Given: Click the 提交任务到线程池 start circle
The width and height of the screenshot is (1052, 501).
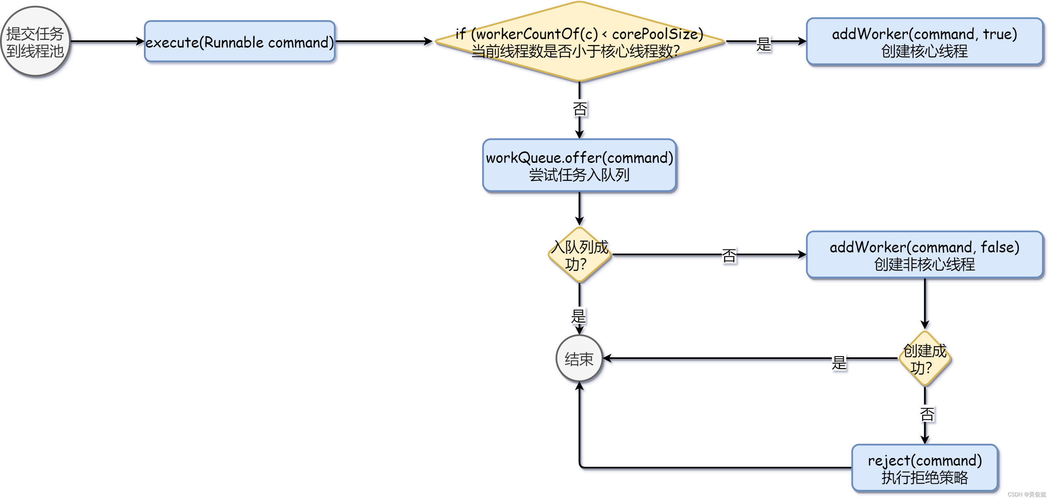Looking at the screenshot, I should pos(35,41).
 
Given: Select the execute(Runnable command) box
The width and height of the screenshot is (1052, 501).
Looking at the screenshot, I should pos(240,41).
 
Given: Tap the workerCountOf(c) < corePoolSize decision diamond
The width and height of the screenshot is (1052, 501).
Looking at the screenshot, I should pos(579,41).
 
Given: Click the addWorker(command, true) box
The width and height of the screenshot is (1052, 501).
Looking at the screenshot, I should pos(924,41).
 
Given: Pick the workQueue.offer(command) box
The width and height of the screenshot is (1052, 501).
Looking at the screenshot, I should pos(579,166).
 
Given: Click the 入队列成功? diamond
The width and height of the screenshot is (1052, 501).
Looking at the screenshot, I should pos(579,255).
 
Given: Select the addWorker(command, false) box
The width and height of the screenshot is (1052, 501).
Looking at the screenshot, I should pos(924,255).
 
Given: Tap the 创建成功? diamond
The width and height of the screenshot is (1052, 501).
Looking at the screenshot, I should pos(925,359).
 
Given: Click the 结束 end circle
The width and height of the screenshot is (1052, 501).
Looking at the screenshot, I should pos(579,359).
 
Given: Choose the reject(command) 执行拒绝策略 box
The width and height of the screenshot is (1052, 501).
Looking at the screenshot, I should pos(925,468).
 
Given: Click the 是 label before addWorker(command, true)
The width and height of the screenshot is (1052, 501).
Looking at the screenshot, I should pos(763,44).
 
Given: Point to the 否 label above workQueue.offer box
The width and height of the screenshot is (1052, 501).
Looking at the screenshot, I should pos(580,109).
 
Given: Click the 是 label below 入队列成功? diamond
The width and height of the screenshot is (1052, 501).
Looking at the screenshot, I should pos(578,316).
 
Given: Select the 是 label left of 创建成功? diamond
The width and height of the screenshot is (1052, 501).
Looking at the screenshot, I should pos(839,362).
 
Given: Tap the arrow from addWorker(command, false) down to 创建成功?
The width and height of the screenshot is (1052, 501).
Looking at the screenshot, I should pos(925,304).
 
